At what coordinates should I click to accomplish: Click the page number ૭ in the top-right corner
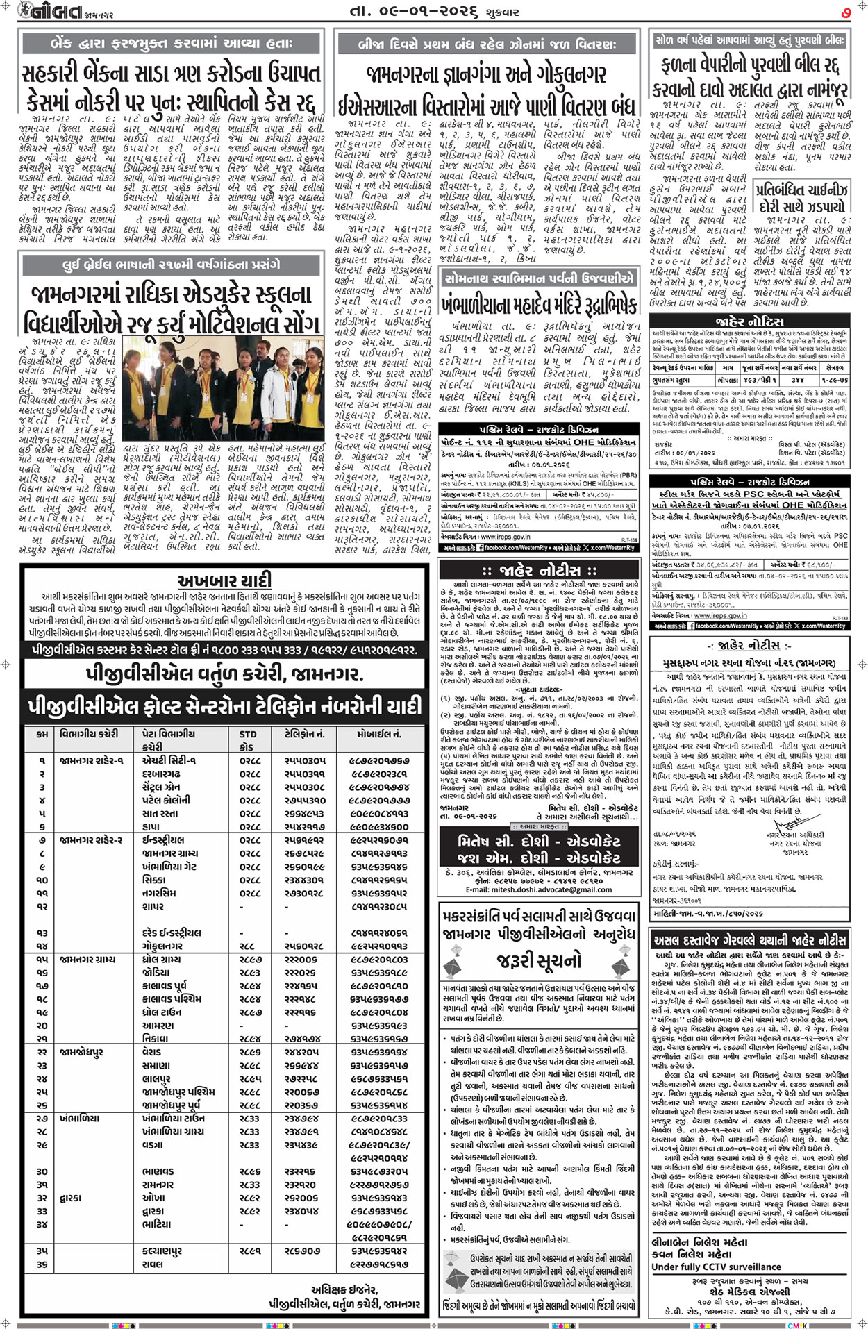[846, 11]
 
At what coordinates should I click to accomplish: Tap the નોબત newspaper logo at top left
[44, 11]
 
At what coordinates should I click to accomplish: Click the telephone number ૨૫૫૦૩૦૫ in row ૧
[303, 760]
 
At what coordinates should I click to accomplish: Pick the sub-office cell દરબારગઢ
[161, 774]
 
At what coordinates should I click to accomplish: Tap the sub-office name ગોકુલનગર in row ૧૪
[162, 946]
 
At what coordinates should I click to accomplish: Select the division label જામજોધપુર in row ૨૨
[81, 1053]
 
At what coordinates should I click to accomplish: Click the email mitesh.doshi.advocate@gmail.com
[539, 889]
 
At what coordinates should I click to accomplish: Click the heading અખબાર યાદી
[224, 580]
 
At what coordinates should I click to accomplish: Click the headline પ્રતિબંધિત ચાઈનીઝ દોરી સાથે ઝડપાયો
[803, 197]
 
